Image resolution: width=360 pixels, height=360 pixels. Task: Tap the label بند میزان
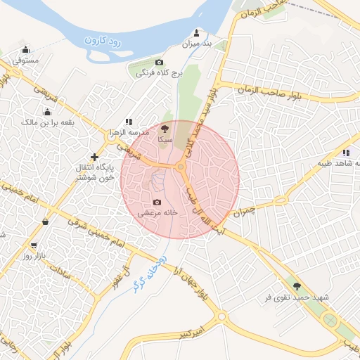click(198, 44)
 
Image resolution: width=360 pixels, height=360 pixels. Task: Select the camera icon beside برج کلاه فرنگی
click(158, 63)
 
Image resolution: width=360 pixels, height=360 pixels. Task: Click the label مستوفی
click(26, 60)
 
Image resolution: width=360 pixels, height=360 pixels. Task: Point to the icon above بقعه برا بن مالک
click(48, 112)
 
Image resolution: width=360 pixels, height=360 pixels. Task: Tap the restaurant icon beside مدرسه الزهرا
click(128, 122)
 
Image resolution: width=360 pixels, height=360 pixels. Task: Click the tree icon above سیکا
click(165, 129)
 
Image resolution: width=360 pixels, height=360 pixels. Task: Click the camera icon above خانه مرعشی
click(157, 202)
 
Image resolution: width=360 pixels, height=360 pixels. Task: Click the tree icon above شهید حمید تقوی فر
click(296, 286)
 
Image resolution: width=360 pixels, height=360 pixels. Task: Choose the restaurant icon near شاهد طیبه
click(345, 153)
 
